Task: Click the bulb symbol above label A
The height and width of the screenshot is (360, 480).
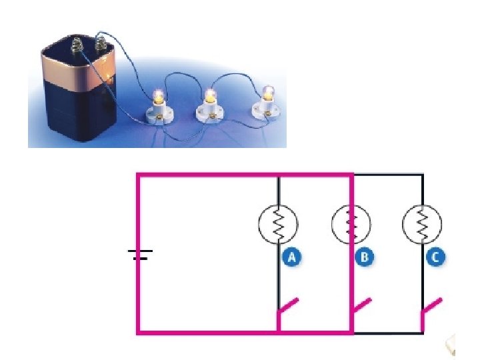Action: click(279, 224)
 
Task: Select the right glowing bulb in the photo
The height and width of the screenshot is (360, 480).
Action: click(269, 92)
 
